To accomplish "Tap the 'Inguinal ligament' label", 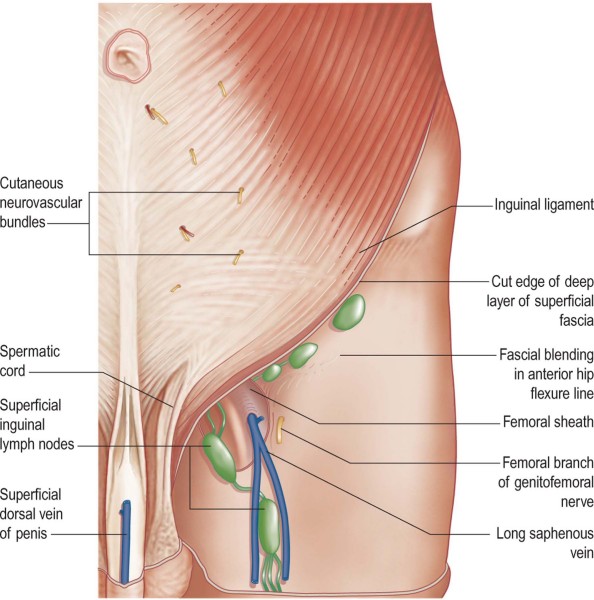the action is pos(544,205).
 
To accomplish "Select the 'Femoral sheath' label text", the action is pos(548,422).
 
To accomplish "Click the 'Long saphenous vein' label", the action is pos(545,543).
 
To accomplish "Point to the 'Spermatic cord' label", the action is pos(30,361).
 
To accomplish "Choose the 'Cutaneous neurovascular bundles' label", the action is pos(41,202).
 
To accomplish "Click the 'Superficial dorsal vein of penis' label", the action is pos(31,514).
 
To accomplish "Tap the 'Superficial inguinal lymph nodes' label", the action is pos(37,424).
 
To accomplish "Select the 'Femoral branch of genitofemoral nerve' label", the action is pos(546,482).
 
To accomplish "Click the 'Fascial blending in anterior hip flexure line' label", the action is pos(547,374).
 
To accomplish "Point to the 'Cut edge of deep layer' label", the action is pos(540,301).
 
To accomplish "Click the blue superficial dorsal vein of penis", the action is pos(125,541).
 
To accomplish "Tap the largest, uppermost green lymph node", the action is pos(349,311).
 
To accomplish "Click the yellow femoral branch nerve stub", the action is pos(280,429).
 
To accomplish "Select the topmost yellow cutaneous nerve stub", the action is pos(222,89).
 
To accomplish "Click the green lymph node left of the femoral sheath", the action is pos(219,455).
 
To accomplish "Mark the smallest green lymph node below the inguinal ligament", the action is pos(272,373).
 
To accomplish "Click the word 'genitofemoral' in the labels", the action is pos(546,483).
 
